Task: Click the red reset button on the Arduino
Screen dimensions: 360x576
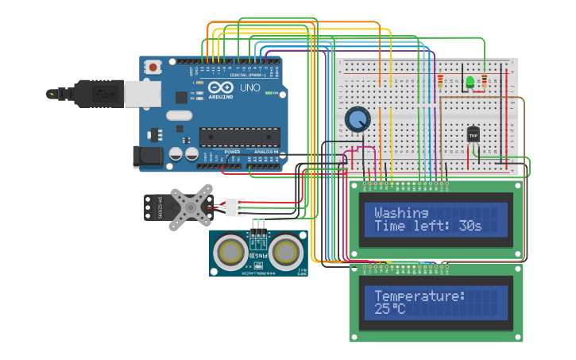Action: pyautogui.click(x=153, y=68)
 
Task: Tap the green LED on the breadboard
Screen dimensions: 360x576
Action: pyautogui.click(x=470, y=82)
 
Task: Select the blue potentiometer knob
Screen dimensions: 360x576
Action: pyautogui.click(x=358, y=120)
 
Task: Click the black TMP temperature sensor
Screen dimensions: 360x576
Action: pyautogui.click(x=474, y=134)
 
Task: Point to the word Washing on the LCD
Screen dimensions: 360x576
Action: pyautogui.click(x=401, y=213)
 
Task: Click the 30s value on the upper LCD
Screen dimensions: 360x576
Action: pyautogui.click(x=470, y=226)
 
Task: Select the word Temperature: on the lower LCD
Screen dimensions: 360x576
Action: pyautogui.click(x=419, y=296)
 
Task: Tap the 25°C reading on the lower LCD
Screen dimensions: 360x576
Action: pyautogui.click(x=389, y=308)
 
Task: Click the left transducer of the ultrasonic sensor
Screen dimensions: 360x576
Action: pyautogui.click(x=230, y=253)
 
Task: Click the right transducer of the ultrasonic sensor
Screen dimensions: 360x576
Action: pyautogui.click(x=285, y=253)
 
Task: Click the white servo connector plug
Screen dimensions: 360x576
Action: pyautogui.click(x=234, y=207)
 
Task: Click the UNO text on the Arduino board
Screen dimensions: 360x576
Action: pyautogui.click(x=249, y=87)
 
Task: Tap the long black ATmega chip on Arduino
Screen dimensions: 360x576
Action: pyautogui.click(x=239, y=137)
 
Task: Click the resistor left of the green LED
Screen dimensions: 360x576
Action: pyautogui.click(x=440, y=80)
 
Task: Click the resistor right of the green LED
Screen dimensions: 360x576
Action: pyautogui.click(x=484, y=80)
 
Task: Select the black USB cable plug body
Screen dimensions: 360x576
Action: pyautogui.click(x=99, y=93)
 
